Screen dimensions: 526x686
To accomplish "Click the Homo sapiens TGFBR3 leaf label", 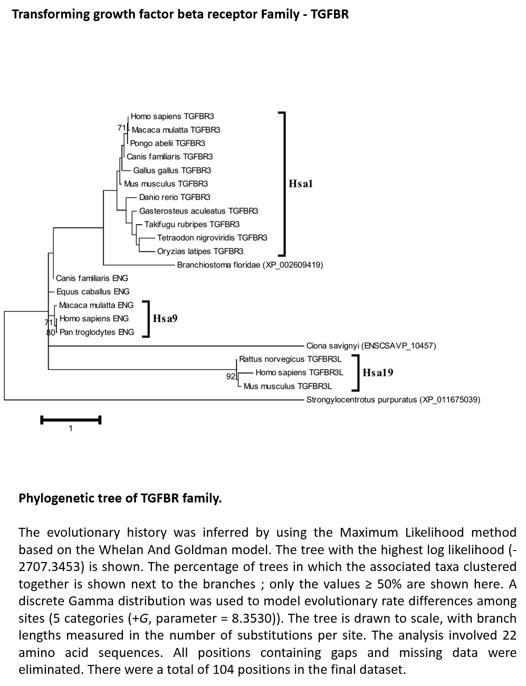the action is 172,117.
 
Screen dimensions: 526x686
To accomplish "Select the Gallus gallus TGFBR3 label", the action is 172,170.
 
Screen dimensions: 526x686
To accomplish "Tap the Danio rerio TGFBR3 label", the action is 175,197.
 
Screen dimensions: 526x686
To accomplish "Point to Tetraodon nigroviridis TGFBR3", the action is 212,238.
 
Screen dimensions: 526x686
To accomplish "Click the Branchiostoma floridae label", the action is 250,265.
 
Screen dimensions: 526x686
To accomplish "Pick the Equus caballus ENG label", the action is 93,292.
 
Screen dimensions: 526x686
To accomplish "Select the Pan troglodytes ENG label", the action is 97,332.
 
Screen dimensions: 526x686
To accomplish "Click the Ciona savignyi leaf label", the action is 371,346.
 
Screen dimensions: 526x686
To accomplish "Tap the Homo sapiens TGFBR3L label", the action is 299,373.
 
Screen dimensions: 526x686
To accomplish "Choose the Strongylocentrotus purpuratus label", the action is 394,400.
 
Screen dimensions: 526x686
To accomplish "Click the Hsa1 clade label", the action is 301,183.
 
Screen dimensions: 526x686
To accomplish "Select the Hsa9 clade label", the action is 165,318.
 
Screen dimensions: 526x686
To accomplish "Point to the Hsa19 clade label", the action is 378,373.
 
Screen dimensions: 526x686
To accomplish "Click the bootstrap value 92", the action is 231,376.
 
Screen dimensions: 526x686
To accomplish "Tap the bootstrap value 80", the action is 51,332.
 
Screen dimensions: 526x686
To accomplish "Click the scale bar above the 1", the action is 71,420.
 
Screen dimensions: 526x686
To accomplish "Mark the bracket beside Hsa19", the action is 358,373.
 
